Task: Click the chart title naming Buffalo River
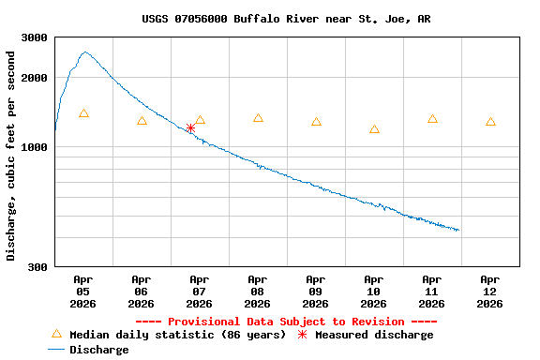[x=287, y=19]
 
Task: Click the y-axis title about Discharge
[x=11, y=156]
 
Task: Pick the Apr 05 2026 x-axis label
[x=83, y=291]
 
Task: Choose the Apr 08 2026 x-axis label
[x=258, y=291]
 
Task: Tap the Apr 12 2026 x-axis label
[x=490, y=291]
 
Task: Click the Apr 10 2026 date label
[x=374, y=291]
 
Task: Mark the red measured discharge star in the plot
[x=190, y=127]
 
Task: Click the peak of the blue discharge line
[x=85, y=52]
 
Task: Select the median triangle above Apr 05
[x=83, y=113]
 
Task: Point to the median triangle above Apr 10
[x=374, y=129]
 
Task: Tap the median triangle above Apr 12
[x=490, y=122]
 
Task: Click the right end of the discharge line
[x=458, y=230]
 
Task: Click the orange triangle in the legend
[x=56, y=334]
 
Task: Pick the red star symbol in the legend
[x=303, y=335]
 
